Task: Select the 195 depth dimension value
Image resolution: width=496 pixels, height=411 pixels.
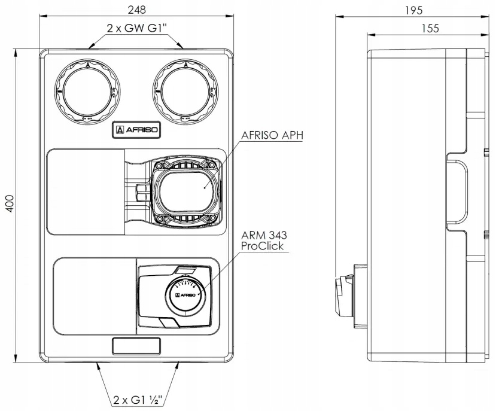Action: [413, 10]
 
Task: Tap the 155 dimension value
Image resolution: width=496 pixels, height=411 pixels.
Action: [430, 28]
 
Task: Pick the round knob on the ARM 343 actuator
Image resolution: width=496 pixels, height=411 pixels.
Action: [184, 294]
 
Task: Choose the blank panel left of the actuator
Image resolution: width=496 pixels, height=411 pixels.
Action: [94, 296]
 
